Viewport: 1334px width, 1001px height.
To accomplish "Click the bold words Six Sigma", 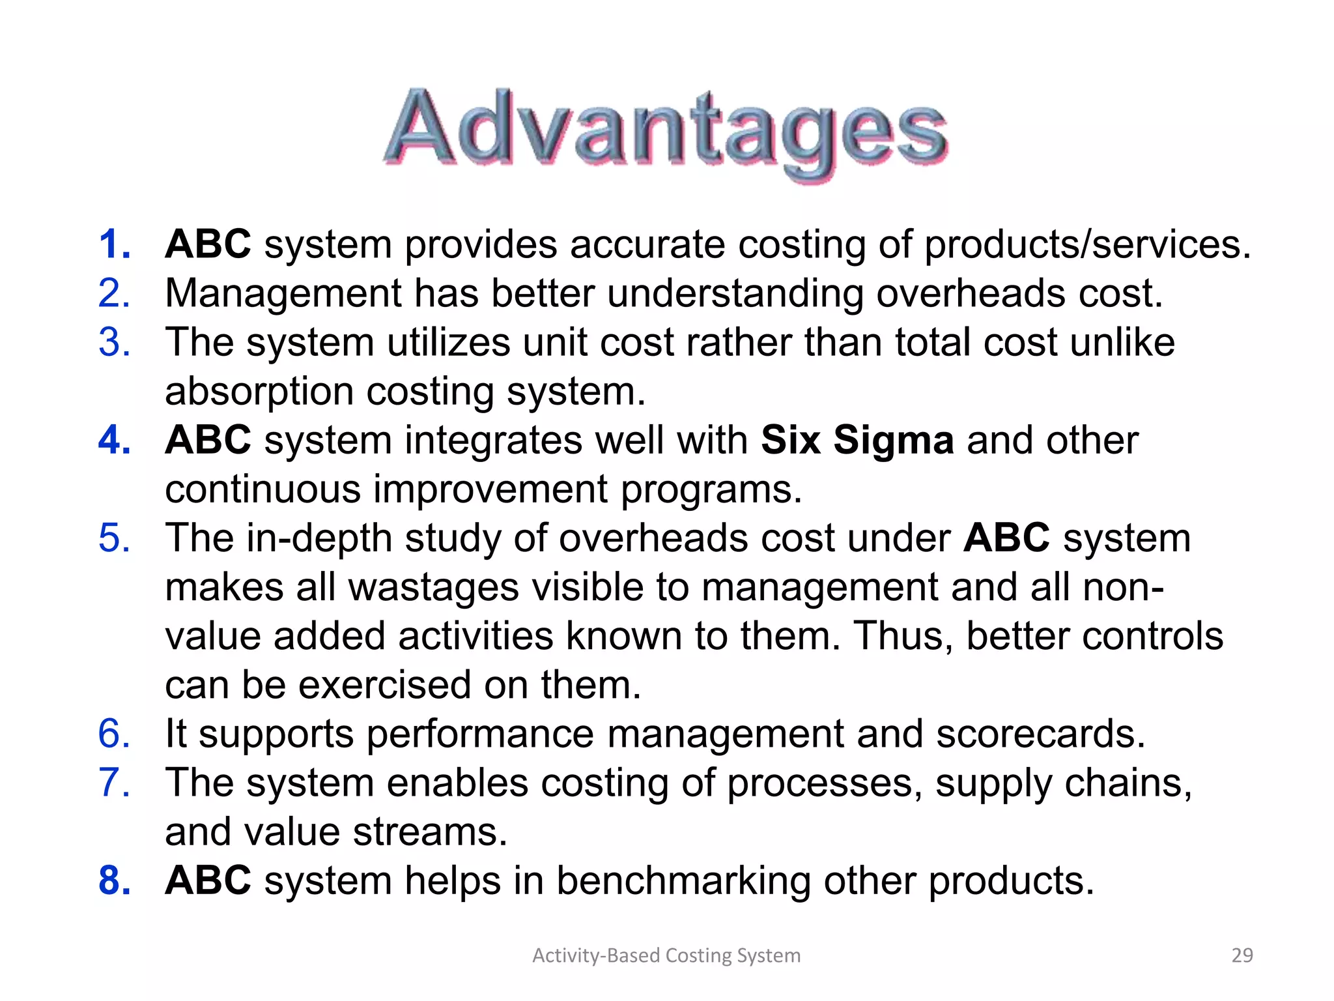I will point(857,441).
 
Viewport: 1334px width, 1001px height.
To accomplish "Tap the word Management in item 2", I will point(283,294).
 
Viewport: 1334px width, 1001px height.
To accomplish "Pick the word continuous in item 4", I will point(263,490).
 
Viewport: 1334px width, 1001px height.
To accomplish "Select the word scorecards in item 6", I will point(1040,734).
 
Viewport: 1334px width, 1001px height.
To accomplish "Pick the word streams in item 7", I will point(429,832).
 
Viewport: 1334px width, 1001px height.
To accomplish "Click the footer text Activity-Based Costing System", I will point(666,955).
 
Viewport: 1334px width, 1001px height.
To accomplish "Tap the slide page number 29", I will point(1242,955).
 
